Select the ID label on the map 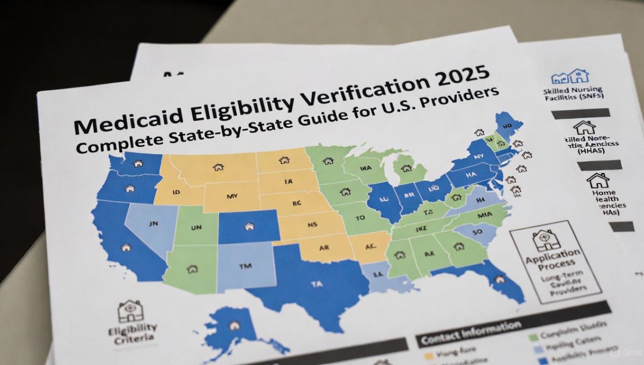(176, 191)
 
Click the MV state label (232, 196)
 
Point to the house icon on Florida (499, 279)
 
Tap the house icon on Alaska (234, 325)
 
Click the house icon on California (126, 247)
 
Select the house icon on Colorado (248, 227)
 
